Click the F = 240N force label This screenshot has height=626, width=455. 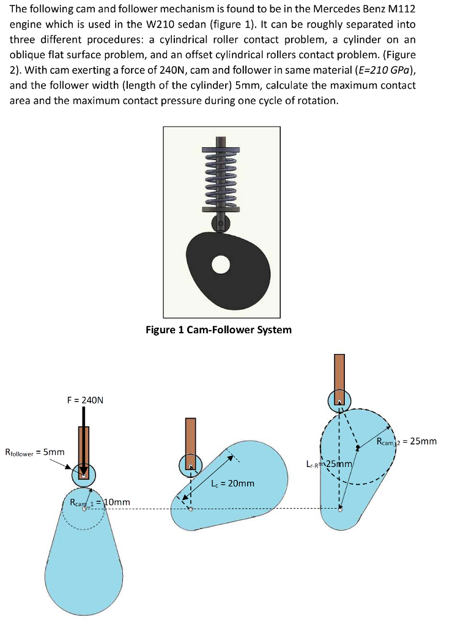[x=86, y=400]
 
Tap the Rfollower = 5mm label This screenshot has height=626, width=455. [x=34, y=452]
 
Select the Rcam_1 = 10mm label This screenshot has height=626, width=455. [x=100, y=503]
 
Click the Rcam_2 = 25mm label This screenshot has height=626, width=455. [x=407, y=441]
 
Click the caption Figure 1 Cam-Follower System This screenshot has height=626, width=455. [x=218, y=330]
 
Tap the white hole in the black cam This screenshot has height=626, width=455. [x=221, y=264]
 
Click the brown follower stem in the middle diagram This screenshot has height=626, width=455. [x=191, y=437]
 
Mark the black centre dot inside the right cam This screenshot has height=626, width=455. [x=358, y=447]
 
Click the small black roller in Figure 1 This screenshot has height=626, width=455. [x=221, y=222]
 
